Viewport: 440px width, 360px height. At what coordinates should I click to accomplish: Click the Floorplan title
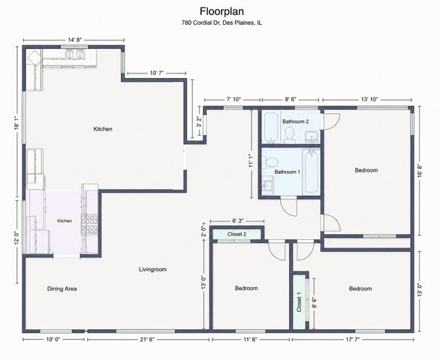pyautogui.click(x=222, y=11)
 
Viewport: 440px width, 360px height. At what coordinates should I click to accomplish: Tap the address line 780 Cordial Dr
pyautogui.click(x=222, y=22)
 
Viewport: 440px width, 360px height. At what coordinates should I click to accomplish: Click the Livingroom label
pyautogui.click(x=152, y=269)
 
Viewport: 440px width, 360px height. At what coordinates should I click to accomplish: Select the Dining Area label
pyautogui.click(x=62, y=289)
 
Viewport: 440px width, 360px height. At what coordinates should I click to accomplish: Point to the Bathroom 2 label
pyautogui.click(x=296, y=121)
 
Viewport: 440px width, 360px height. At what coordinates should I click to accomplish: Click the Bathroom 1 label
pyautogui.click(x=288, y=172)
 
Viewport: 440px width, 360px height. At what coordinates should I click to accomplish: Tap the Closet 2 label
pyautogui.click(x=237, y=234)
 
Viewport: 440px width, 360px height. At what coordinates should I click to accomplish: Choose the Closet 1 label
pyautogui.click(x=299, y=302)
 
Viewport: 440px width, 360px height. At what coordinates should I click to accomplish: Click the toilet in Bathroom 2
pyautogui.click(x=289, y=136)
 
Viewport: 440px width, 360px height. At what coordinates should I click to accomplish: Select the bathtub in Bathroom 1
pyautogui.click(x=311, y=172)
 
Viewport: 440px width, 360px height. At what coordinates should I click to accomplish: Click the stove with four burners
pyautogui.click(x=89, y=224)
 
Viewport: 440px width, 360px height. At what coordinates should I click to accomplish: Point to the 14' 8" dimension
pyautogui.click(x=74, y=40)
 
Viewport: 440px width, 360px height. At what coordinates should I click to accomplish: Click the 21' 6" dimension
pyautogui.click(x=147, y=340)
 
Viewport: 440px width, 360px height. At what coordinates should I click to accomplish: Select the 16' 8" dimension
pyautogui.click(x=420, y=171)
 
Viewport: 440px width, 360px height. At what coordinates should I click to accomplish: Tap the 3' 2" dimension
pyautogui.click(x=199, y=122)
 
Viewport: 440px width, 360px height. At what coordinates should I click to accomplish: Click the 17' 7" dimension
pyautogui.click(x=352, y=340)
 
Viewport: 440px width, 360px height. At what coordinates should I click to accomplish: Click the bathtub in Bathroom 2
pyautogui.click(x=272, y=127)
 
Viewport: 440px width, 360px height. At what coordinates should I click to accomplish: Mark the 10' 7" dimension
pyautogui.click(x=157, y=73)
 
